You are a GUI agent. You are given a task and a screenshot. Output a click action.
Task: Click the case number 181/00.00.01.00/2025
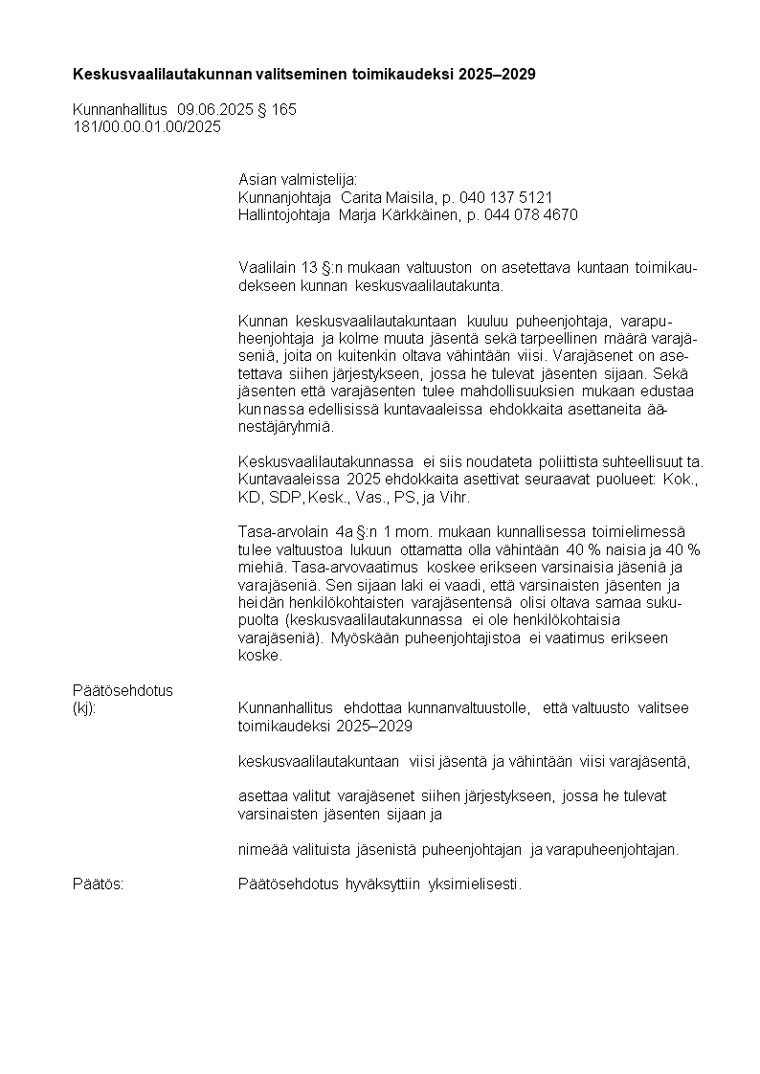(146, 126)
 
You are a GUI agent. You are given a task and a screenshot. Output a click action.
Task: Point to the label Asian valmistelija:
(297, 180)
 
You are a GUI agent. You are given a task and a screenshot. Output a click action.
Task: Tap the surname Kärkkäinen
(421, 215)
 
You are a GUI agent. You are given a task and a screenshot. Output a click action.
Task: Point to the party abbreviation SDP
(286, 499)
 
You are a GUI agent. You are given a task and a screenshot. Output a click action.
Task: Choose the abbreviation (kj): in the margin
(85, 707)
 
